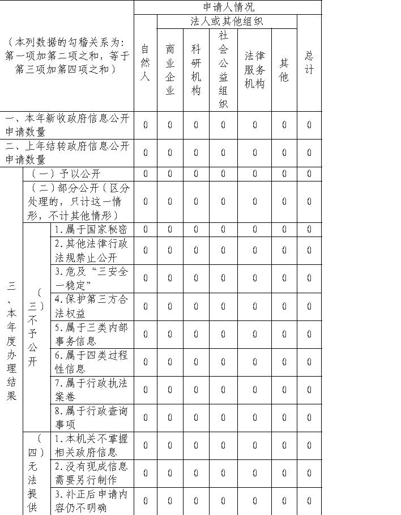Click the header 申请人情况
click(228, 7)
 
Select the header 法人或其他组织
click(227, 22)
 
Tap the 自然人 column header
click(145, 62)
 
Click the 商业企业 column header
click(170, 69)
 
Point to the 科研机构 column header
click(196, 69)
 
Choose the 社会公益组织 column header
click(223, 69)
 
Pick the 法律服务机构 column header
click(254, 69)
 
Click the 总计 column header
click(309, 62)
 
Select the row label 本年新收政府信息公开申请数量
click(67, 125)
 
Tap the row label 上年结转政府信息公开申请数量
click(67, 153)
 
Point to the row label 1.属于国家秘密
click(91, 229)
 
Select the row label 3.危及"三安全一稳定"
click(91, 278)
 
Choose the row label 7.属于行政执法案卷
click(91, 390)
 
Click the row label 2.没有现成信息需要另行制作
click(91, 473)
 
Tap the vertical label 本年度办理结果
click(11, 340)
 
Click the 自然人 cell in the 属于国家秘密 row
click(145, 229)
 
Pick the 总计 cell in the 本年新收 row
click(309, 125)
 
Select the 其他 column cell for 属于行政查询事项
click(284, 417)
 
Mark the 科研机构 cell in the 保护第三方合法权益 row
click(196, 306)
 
